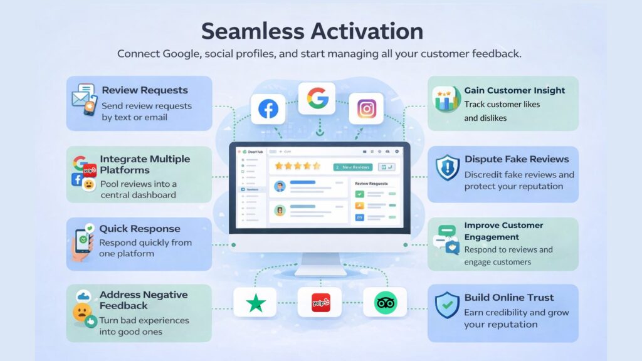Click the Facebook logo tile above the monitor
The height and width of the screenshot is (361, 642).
click(268, 109)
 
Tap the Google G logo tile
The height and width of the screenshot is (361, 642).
click(317, 98)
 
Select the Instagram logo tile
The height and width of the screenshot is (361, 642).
click(366, 109)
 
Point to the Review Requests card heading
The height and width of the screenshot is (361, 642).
click(144, 90)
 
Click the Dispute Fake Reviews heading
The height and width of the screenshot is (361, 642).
click(517, 159)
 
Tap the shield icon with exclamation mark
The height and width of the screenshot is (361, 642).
click(448, 168)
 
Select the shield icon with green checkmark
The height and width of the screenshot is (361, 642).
click(448, 305)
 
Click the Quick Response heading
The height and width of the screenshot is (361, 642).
click(139, 229)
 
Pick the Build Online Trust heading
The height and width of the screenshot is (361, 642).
click(509, 298)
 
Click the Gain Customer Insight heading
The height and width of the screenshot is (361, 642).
click(515, 90)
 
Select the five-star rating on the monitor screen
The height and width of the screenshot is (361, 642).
click(298, 167)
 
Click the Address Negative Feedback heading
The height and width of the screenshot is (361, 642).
click(144, 300)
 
